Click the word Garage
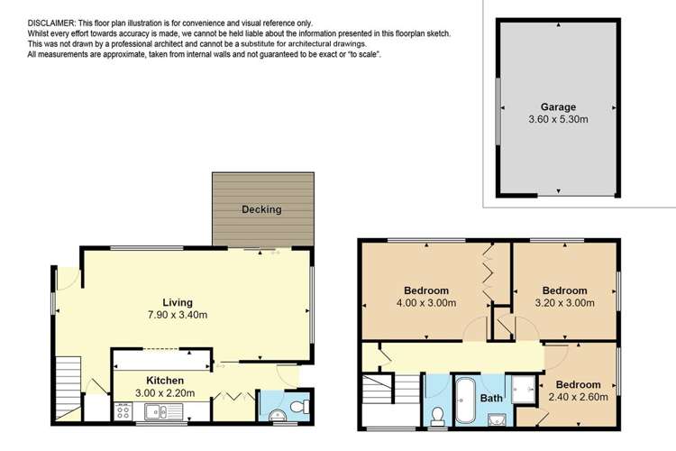[x=559, y=106]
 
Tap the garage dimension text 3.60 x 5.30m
[x=559, y=118]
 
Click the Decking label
[x=261, y=210]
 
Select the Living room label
[x=178, y=302]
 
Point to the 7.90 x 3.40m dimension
[x=178, y=315]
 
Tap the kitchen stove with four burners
[x=125, y=413]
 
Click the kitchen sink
[x=160, y=413]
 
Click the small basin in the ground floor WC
[x=276, y=414]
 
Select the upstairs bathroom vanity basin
[x=497, y=416]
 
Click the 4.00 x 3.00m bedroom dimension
[x=426, y=303]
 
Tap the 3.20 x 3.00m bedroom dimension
[x=564, y=303]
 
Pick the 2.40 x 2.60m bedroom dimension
[x=579, y=396]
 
